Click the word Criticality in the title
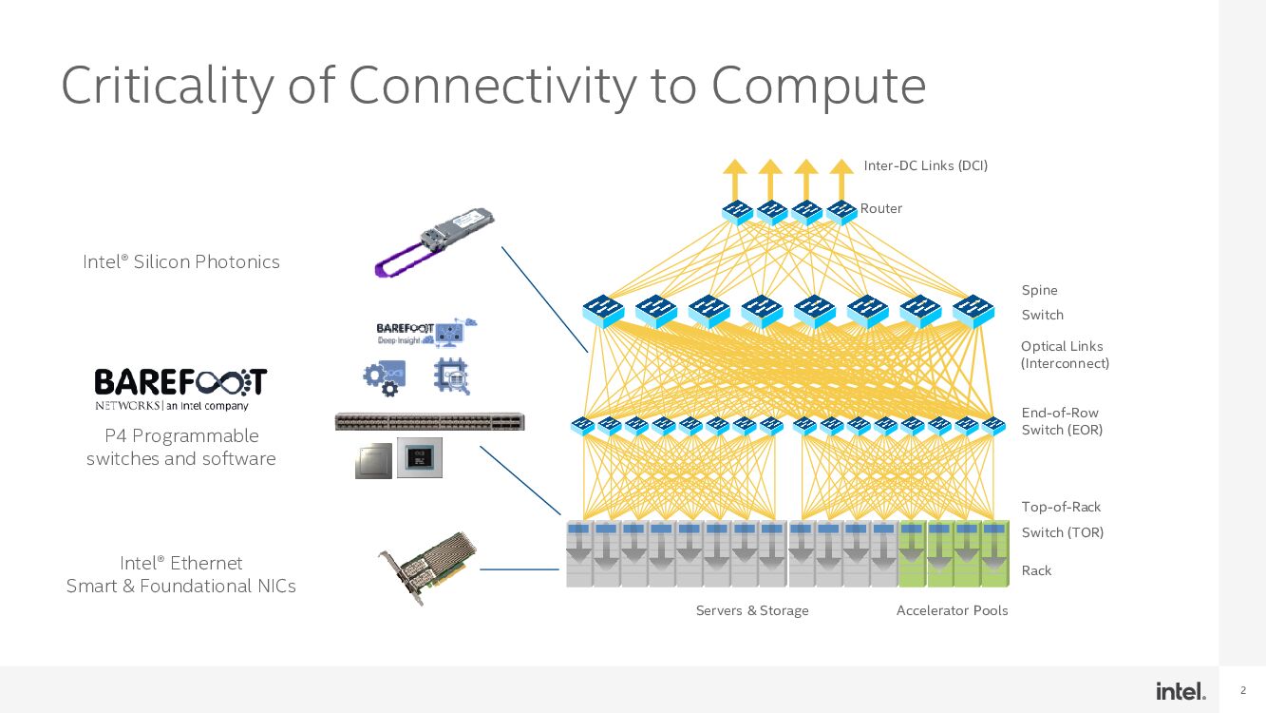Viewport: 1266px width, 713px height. (x=167, y=86)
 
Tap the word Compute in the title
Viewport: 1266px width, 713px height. (x=819, y=86)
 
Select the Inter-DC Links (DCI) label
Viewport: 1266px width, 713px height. (x=925, y=165)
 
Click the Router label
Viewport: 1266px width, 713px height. (x=881, y=208)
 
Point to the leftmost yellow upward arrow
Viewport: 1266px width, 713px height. (x=735, y=178)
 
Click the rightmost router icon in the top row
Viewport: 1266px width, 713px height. (x=841, y=211)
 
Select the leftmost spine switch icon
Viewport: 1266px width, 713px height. (x=603, y=310)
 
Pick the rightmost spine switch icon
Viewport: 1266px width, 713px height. (x=973, y=310)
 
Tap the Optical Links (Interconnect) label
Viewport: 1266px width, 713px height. (x=1064, y=355)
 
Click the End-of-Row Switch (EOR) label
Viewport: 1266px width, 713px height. (x=1062, y=421)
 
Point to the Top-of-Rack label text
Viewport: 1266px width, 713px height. (x=1061, y=507)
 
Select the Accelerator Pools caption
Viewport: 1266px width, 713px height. (x=952, y=610)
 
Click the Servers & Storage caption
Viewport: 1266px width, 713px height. (x=752, y=610)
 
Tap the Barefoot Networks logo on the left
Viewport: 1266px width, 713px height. (x=180, y=389)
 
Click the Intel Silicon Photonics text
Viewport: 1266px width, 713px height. (x=181, y=261)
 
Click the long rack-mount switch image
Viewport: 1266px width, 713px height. (x=429, y=421)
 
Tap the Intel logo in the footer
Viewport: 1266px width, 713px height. (x=1181, y=691)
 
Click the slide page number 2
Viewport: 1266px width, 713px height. (x=1243, y=691)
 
